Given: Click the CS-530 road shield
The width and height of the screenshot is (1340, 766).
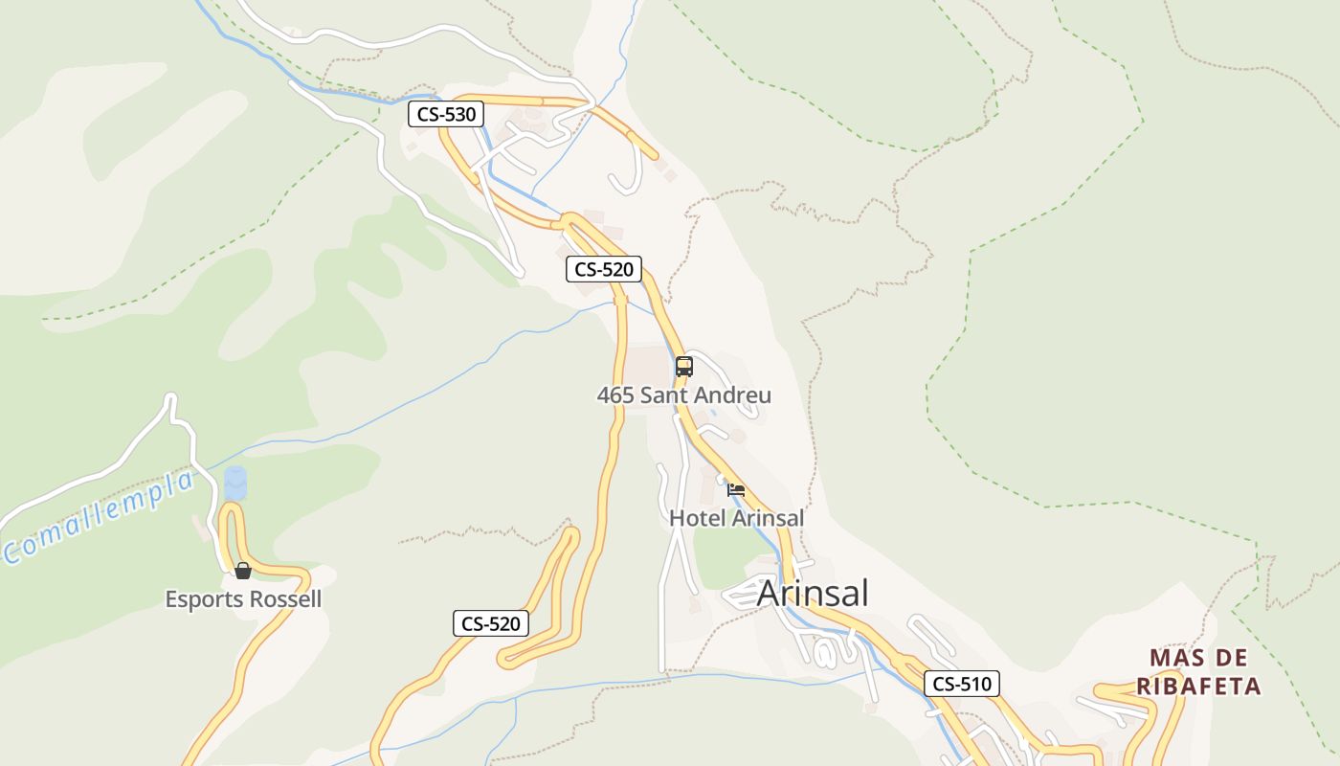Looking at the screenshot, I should coord(446,115).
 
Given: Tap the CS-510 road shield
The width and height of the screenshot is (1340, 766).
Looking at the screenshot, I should coord(962,684).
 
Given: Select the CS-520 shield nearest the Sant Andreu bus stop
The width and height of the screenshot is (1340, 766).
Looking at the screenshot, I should coord(603,269).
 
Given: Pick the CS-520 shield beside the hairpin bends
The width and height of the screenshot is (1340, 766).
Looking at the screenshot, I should coord(490,624).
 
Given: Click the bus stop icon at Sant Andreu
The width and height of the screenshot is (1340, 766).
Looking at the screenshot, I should coord(683,366).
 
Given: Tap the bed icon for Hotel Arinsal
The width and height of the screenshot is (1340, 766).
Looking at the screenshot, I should coord(736,489).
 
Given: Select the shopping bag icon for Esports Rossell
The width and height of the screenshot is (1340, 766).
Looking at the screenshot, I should coord(243,571).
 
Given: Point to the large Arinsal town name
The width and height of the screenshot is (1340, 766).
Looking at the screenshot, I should coord(813,593).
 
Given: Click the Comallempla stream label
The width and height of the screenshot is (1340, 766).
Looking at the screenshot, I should coord(100,518).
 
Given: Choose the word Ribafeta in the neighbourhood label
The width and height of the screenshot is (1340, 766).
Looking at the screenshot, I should coord(1198,687).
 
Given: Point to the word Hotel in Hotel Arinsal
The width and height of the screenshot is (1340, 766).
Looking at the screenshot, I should coord(697,518).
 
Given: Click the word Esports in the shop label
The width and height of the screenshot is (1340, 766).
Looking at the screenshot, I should coord(203,600).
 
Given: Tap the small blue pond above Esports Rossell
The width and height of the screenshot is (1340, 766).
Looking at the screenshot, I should coord(234,483).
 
